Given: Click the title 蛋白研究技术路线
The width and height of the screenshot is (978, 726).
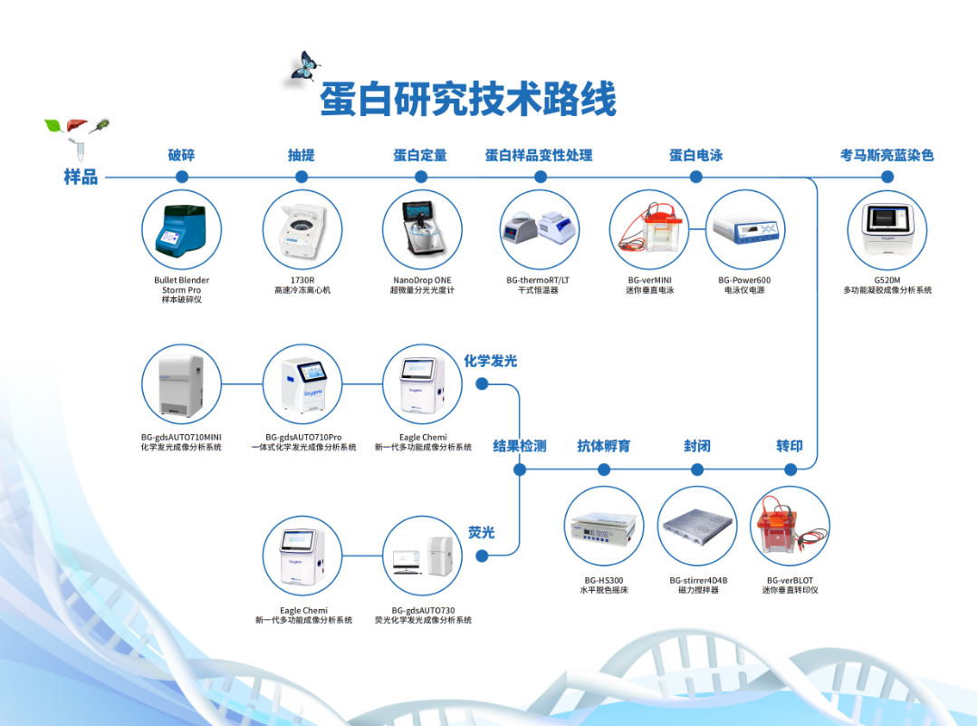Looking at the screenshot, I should tap(468, 99).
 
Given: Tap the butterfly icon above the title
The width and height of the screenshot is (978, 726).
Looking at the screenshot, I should tap(305, 67).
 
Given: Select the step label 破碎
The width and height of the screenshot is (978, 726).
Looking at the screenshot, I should tap(181, 155).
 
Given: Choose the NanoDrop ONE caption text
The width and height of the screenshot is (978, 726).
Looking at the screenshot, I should tap(422, 280).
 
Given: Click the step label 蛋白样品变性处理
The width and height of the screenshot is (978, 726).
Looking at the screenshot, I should tap(539, 155).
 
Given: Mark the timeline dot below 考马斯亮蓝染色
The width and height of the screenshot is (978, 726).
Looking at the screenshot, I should tap(887, 177).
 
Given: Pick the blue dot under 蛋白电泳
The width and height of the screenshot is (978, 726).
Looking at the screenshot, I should tap(695, 177).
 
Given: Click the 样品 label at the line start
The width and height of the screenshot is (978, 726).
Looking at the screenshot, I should tap(81, 177).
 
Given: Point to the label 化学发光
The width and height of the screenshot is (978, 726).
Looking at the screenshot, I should tap(490, 361).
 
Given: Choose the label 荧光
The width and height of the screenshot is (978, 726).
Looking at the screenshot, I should tap(481, 532).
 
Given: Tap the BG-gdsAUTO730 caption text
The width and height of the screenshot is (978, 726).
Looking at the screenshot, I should tap(423, 610).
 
